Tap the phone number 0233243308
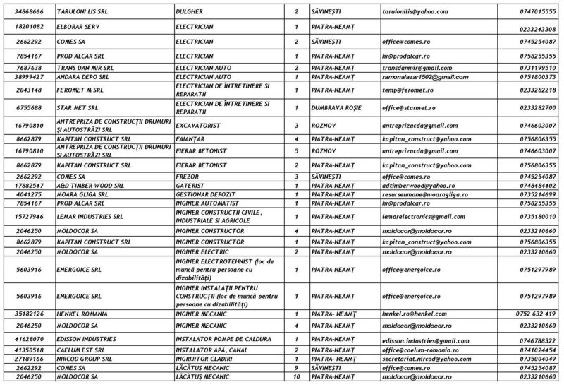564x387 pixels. [x=536, y=29]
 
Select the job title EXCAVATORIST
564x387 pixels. [x=199, y=124]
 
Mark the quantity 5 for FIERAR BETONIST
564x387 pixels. [x=295, y=150]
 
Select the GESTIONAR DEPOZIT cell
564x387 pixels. [x=205, y=193]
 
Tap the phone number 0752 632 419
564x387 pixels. [x=536, y=313]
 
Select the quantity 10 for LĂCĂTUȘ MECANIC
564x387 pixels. [x=295, y=376]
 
